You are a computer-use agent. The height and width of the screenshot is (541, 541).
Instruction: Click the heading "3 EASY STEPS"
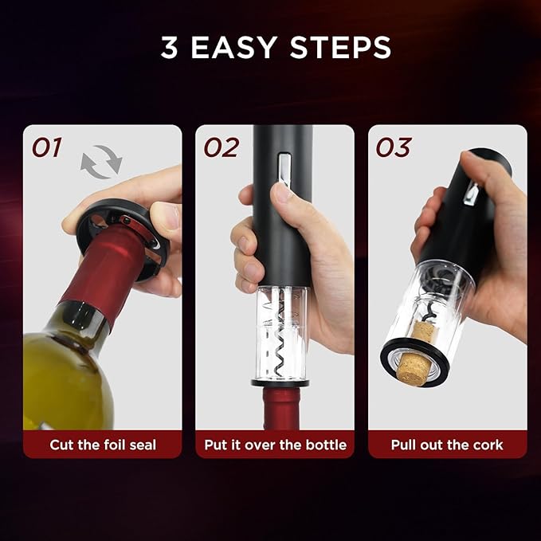coord(276,47)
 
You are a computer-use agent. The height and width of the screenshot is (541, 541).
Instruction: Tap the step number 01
coord(47,148)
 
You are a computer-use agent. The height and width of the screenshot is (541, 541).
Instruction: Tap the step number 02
coord(221,148)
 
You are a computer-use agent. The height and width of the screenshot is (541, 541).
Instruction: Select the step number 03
coord(394,148)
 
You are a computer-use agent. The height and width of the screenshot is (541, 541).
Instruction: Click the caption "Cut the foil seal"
coord(103,445)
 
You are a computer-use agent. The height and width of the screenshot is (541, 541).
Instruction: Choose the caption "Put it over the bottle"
coord(275,445)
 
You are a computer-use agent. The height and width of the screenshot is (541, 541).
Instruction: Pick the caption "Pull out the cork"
coord(447,445)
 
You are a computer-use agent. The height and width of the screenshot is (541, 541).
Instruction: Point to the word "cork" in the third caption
coord(487,445)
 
